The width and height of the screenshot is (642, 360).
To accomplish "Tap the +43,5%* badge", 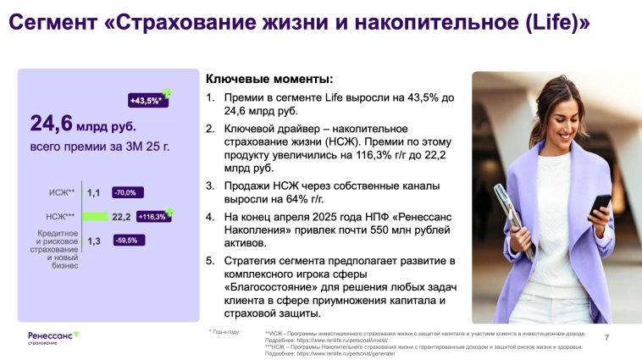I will [x=145, y=101].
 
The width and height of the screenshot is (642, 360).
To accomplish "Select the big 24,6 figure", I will [x=52, y=125].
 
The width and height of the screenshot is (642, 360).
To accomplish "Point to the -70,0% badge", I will [x=125, y=192].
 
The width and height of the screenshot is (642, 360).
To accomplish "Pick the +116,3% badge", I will [x=151, y=217].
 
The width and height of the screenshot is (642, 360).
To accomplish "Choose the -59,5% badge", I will [x=125, y=241].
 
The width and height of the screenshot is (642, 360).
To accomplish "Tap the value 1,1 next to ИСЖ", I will [x=93, y=193].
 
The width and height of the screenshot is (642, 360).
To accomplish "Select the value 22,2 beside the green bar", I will [x=121, y=217].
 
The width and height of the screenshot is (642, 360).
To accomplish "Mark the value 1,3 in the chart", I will [x=93, y=241].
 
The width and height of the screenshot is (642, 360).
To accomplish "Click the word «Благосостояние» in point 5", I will [x=270, y=287].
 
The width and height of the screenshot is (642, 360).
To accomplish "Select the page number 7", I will [x=606, y=338].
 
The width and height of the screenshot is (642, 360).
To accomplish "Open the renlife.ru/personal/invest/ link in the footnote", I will [x=335, y=341].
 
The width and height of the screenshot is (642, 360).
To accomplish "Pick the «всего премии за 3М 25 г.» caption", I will [x=99, y=147].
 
